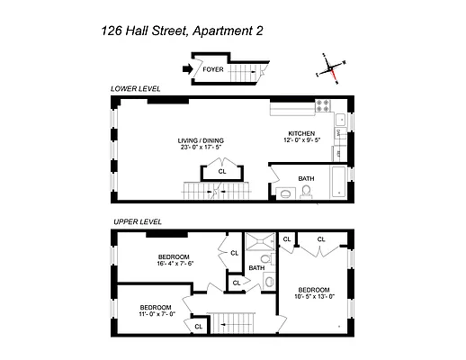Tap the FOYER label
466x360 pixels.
pos(213,68)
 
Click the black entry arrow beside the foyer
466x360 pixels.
pos(186,67)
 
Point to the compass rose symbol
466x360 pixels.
pos(330,69)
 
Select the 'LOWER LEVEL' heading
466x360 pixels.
pos(136,90)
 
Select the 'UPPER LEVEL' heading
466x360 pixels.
pos(137,221)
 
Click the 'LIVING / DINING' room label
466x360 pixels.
pos(201,141)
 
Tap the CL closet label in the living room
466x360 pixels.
pos(221,170)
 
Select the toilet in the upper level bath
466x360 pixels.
pos(269,282)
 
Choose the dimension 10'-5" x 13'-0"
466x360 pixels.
pos(313,295)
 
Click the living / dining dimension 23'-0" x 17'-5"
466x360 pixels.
pos(201,148)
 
